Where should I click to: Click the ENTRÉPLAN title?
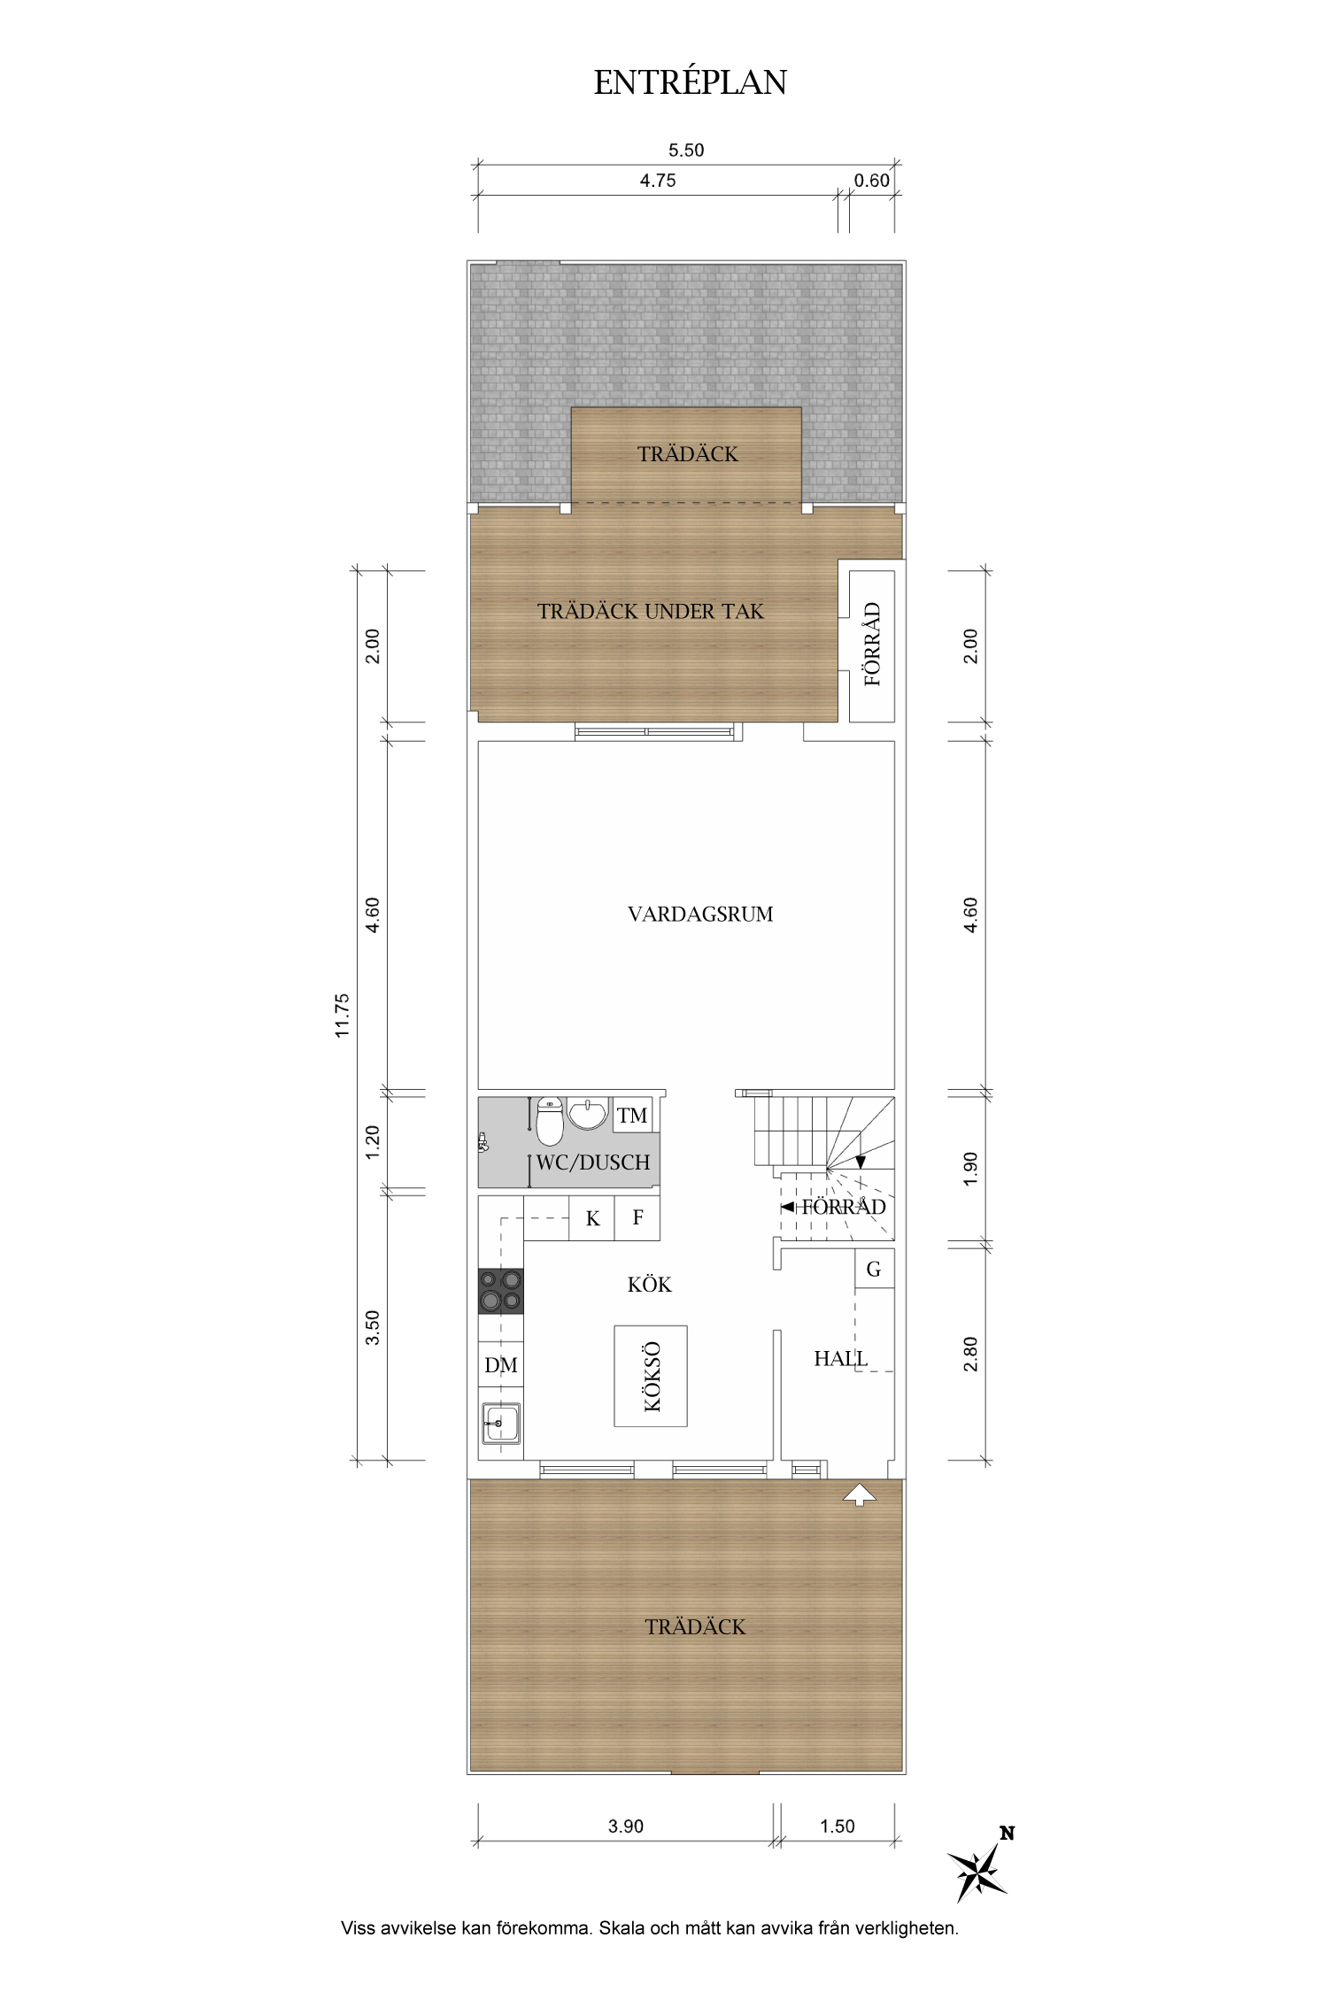[690, 82]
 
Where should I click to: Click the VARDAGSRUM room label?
[700, 915]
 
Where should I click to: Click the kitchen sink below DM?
[501, 1426]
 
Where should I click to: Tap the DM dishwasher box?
[501, 1365]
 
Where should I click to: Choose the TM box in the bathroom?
[632, 1116]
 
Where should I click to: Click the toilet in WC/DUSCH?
[550, 1122]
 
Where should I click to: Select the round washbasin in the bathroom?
[588, 1114]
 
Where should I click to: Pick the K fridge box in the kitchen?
[592, 1218]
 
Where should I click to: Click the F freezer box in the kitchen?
[637, 1218]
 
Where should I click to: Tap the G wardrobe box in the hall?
[874, 1269]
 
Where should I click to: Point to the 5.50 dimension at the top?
[686, 151]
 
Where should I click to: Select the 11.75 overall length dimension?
[344, 1015]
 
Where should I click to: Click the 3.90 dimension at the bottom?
[626, 1826]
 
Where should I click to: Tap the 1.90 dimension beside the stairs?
[971, 1169]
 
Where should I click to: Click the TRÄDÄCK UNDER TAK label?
[651, 612]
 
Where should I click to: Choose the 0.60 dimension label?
[871, 181]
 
